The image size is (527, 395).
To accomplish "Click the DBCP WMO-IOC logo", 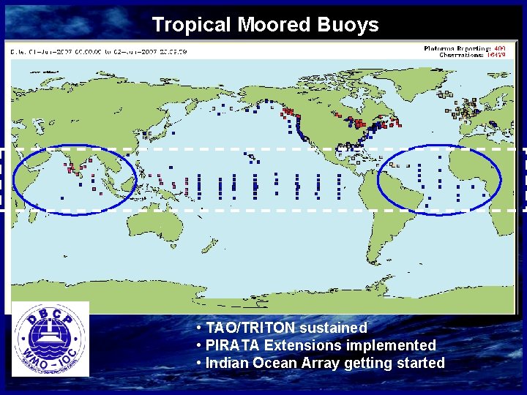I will pos(51,339).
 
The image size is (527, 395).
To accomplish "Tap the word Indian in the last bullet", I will pos(227,363).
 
